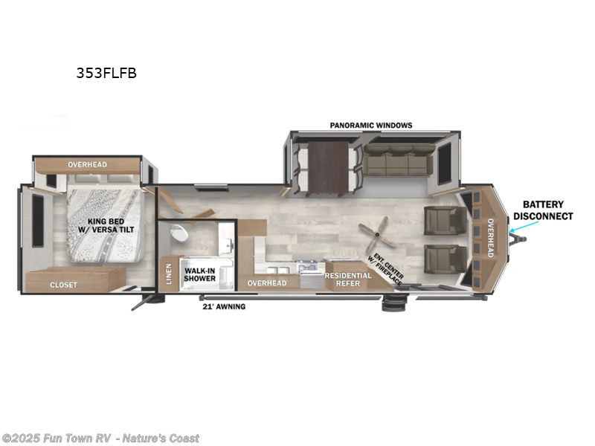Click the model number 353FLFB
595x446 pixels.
tap(106, 73)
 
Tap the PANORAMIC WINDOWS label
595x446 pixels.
tap(371, 125)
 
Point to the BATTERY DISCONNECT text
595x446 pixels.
tap(547, 210)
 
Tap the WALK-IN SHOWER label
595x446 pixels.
tap(200, 274)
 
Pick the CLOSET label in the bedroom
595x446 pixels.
tap(64, 284)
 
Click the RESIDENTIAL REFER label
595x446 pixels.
tap(347, 279)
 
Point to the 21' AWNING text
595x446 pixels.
tap(224, 306)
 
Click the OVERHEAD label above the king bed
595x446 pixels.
tap(88, 164)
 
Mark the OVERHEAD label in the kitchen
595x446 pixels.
tap(267, 283)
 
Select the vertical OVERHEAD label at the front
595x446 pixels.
tap(490, 238)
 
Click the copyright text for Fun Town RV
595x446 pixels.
tap(100, 439)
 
